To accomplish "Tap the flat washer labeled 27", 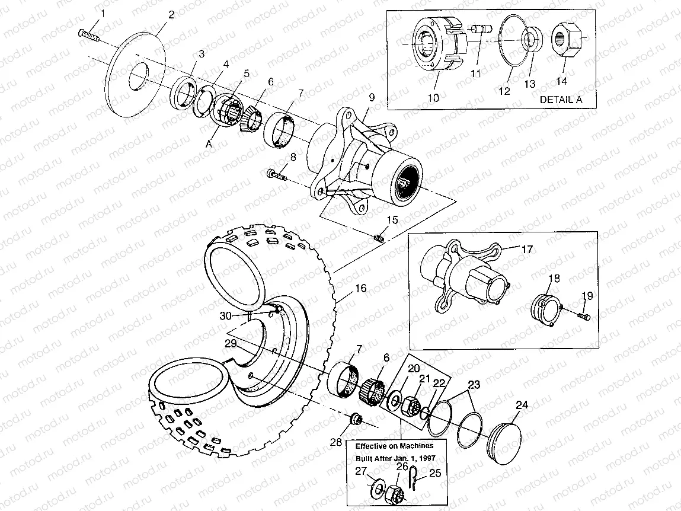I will [376, 490].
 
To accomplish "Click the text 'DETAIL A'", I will [560, 100].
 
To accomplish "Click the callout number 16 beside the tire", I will [360, 289].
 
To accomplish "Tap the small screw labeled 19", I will [582, 318].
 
